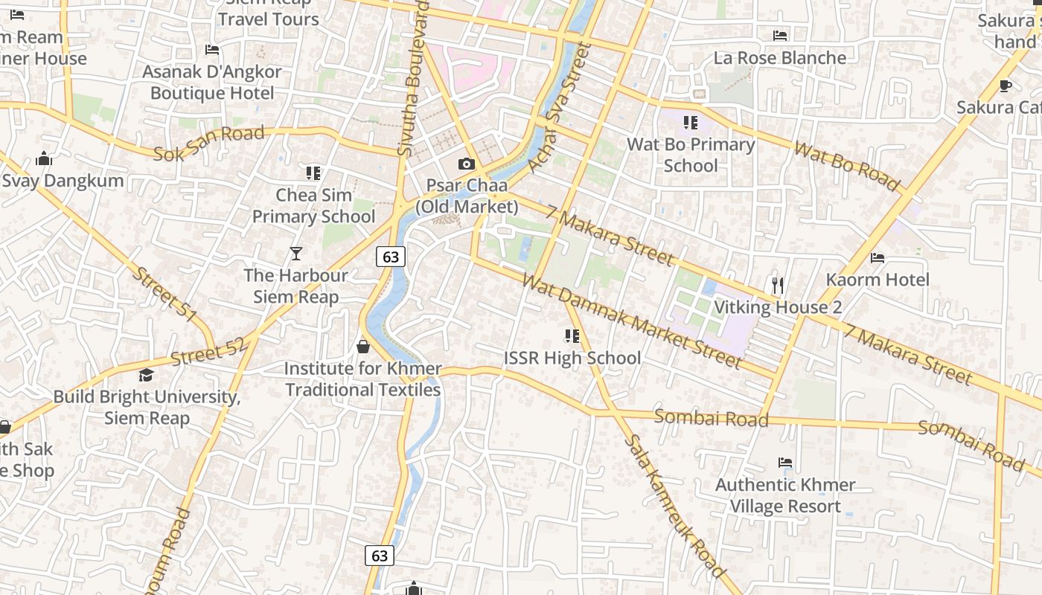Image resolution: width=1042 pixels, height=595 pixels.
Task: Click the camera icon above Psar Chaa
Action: click(x=467, y=164)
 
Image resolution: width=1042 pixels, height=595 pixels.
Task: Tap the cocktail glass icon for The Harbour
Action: click(x=296, y=254)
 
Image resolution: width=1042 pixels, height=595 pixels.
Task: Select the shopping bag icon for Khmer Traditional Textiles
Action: click(x=363, y=347)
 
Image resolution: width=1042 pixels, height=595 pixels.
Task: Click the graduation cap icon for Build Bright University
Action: click(x=146, y=375)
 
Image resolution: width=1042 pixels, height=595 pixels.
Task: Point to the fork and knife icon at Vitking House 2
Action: click(x=778, y=286)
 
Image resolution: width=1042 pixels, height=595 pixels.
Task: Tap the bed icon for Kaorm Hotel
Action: click(x=878, y=258)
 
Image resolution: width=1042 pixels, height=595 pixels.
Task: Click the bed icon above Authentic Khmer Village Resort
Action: click(x=784, y=463)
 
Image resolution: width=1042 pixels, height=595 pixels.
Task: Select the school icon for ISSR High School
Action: click(x=572, y=336)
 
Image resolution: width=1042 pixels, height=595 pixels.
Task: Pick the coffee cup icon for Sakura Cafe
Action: click(x=1006, y=86)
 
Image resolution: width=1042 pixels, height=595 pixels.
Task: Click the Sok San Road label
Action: click(x=208, y=144)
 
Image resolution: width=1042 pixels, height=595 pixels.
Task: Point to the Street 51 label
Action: click(x=164, y=295)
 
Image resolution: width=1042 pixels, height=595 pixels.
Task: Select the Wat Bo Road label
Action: click(x=847, y=165)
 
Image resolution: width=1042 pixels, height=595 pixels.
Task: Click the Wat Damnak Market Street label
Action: click(x=632, y=321)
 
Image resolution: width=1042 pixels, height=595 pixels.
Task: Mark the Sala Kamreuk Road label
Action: click(x=674, y=506)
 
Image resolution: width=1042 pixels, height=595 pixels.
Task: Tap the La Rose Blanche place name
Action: click(x=779, y=58)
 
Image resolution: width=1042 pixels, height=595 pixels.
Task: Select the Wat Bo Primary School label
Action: click(x=691, y=155)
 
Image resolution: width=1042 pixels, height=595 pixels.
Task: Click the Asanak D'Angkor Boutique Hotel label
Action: click(x=212, y=83)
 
